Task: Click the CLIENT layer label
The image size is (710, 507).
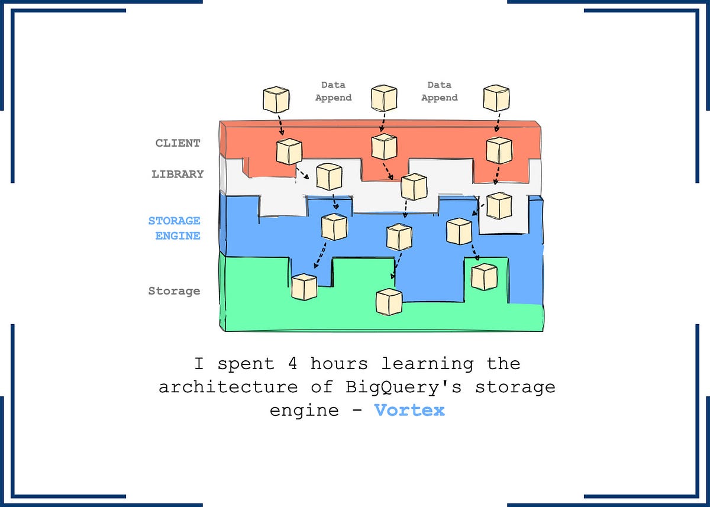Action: pos(177,143)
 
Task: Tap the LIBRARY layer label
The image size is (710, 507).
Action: pos(177,174)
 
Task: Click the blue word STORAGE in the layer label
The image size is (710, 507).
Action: pos(174,221)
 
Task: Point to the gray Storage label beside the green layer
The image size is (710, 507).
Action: pos(174,291)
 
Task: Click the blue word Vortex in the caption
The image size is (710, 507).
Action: pos(409,410)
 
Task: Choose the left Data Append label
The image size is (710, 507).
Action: pos(333,92)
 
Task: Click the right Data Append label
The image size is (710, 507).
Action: pos(439,92)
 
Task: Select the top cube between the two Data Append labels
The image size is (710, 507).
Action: pos(383,98)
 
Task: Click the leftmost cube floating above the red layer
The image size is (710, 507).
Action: pos(276,99)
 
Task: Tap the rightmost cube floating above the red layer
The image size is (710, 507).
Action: pos(496,98)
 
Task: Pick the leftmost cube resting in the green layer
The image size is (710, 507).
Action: pos(305,287)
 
